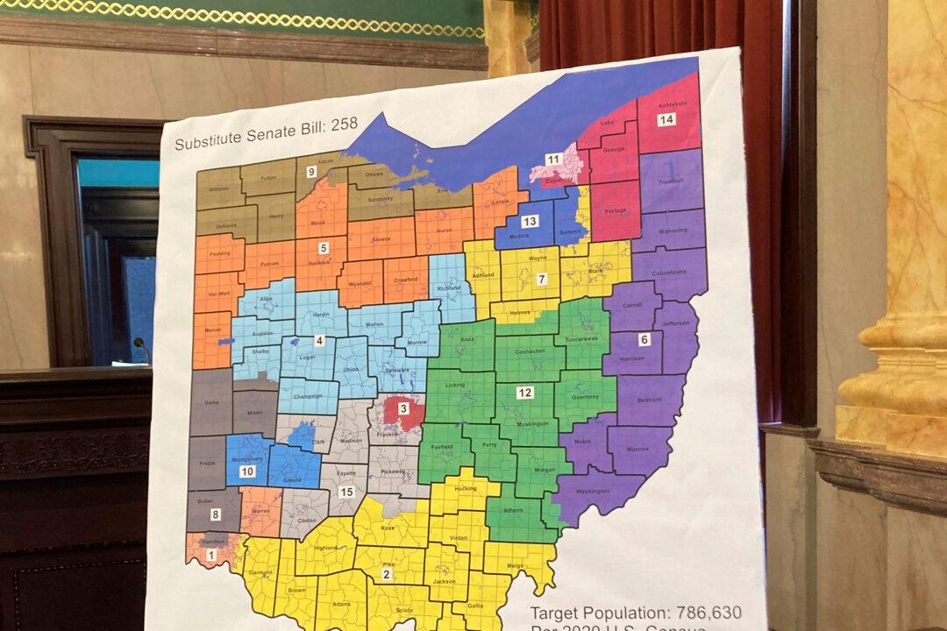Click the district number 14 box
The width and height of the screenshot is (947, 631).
click(666, 120)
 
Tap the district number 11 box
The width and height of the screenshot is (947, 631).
click(553, 160)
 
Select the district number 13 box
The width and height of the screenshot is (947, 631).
click(530, 222)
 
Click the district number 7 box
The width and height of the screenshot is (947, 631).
click(542, 280)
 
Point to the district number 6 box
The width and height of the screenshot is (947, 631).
click(644, 339)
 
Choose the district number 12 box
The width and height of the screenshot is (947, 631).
click(524, 392)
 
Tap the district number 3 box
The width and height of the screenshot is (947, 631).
click(403, 408)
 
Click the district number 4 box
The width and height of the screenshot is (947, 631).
click(320, 341)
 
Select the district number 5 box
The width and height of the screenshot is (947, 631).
click(324, 248)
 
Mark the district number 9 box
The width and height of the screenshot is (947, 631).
click(311, 172)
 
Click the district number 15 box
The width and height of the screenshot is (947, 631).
click(346, 492)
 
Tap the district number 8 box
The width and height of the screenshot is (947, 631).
click(216, 515)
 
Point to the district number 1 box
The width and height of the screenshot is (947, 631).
click(210, 554)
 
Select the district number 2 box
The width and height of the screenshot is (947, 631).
click(386, 574)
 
